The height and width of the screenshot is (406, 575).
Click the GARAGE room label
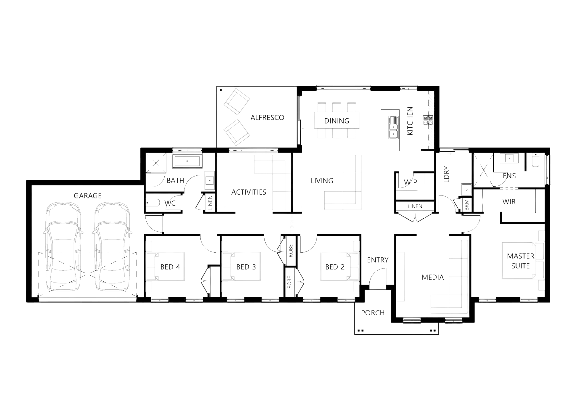point(87,196)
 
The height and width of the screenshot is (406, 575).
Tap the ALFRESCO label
point(267,117)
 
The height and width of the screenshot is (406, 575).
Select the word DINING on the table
point(337,121)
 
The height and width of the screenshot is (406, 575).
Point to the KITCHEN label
point(410,121)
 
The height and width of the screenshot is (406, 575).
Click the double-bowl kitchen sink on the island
point(393,127)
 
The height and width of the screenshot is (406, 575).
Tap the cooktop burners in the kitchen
point(428,120)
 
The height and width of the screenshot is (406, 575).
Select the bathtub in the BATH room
point(187,161)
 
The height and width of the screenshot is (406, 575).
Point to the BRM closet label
point(466,205)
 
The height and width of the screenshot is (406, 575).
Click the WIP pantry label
point(410,182)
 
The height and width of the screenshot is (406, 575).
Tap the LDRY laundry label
point(446,174)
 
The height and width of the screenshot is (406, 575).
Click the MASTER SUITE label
point(521,261)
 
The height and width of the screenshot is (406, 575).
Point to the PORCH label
point(373,313)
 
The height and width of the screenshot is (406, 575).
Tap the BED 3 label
point(246,267)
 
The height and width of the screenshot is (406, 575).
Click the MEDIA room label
point(433,277)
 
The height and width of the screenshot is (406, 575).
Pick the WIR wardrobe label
point(509,202)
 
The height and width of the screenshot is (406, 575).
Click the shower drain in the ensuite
point(484,170)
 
